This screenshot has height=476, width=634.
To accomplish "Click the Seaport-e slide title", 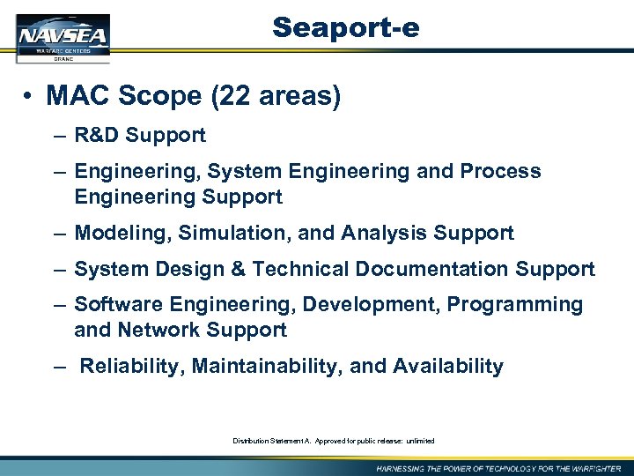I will pos(345,28).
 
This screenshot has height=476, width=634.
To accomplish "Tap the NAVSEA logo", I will pos(63,38).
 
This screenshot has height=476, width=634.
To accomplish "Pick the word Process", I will pos(500,171).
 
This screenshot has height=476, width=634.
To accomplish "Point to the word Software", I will pos(114,305).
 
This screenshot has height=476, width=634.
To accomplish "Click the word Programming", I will pos(515,305).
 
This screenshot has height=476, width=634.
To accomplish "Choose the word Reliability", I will pos(132,367).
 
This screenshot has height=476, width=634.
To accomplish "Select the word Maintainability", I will pos(268,367).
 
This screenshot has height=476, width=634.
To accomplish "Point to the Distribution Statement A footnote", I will pos(334,441).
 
